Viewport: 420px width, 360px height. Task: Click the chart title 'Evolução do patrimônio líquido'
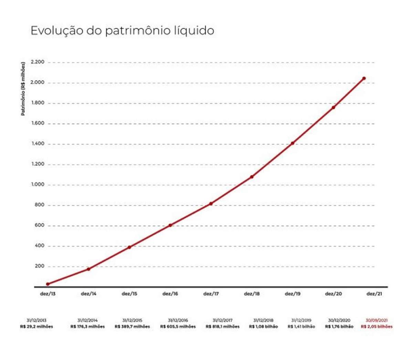122,31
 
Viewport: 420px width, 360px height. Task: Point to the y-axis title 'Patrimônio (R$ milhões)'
23,89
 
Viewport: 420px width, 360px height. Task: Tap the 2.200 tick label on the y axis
38,62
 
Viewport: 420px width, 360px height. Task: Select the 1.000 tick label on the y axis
38,184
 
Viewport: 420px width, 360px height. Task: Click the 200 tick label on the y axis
40,266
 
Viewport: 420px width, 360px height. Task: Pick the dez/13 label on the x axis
48,294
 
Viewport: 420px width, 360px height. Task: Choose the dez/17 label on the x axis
211,294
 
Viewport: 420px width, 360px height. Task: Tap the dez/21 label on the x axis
374,294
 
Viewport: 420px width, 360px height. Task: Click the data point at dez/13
48,284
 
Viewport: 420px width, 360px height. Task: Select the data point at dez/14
88,269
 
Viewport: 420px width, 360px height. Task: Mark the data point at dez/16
170,225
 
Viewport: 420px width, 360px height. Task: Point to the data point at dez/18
252,177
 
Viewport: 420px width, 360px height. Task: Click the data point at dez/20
333,107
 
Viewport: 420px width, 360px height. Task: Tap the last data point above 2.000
364,78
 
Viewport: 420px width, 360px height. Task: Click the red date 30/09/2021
376,320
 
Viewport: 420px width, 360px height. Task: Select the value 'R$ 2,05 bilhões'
376,327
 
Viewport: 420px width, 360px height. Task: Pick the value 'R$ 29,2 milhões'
36,327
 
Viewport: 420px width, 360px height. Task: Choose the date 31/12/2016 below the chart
178,320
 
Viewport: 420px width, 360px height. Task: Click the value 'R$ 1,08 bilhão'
263,327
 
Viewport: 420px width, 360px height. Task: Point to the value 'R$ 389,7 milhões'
132,327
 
